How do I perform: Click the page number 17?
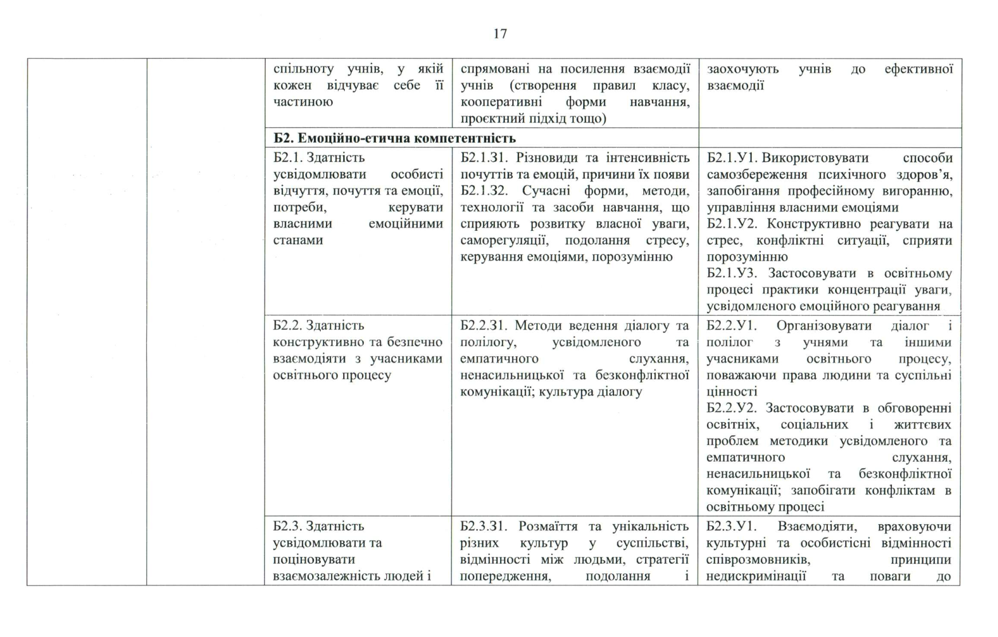pos(500,34)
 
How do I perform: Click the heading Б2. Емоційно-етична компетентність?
pos(394,138)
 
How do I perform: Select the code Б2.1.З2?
pos(484,191)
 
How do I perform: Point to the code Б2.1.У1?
pos(731,158)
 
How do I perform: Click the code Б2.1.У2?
pos(731,223)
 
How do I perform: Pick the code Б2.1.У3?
pos(732,273)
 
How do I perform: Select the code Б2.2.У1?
pos(731,325)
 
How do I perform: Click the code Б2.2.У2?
pos(731,408)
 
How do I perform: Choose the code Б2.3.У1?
pos(731,526)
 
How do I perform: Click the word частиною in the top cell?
pos(303,102)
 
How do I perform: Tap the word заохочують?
pos(742,69)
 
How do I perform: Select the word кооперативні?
pos(496,102)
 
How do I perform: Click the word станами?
pos(298,240)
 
